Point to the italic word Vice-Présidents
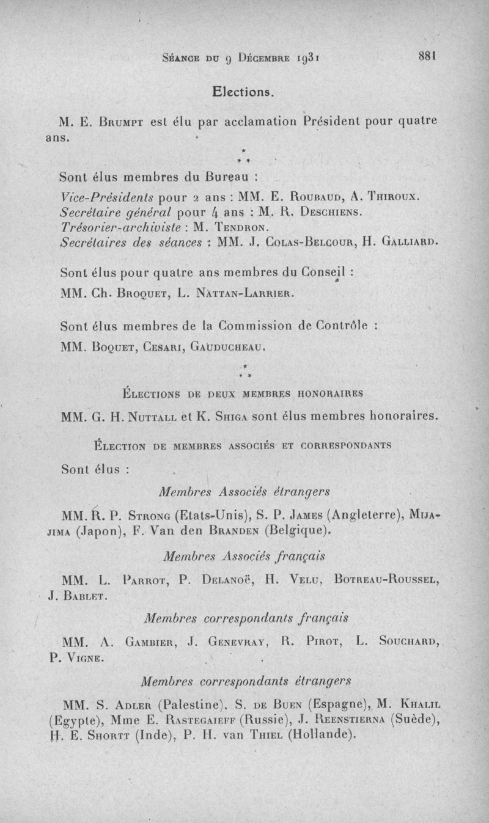pyautogui.click(x=108, y=199)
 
